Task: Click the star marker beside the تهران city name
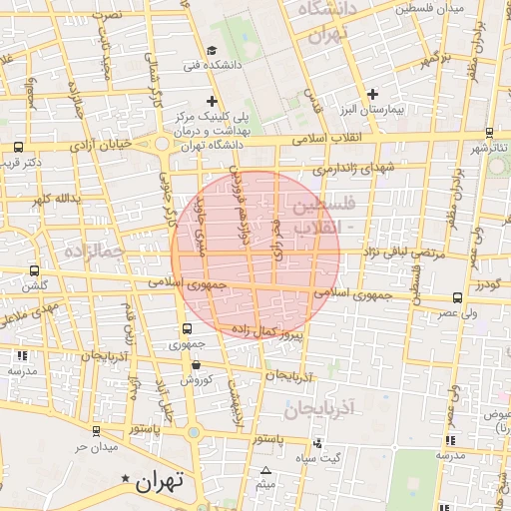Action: point(125,480)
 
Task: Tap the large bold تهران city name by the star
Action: point(161,480)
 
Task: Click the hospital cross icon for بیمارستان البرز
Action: point(371,94)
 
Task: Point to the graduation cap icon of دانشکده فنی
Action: point(212,51)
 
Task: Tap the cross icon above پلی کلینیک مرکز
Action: point(212,101)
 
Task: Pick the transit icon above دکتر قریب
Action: point(19,147)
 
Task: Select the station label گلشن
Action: point(35,284)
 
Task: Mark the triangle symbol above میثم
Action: point(265,471)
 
